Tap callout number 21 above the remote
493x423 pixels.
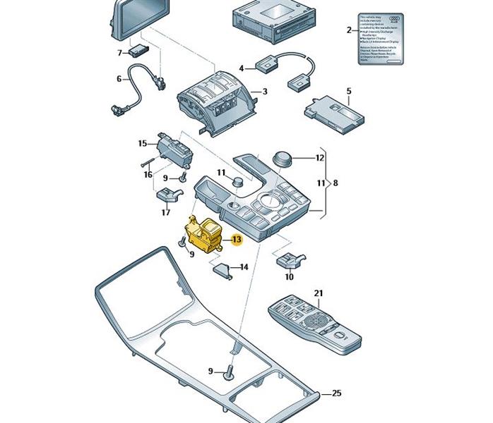(318, 293)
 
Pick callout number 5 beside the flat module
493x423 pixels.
(349, 92)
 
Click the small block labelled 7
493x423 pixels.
(138, 51)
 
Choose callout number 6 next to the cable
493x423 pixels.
(119, 79)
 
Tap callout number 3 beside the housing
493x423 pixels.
(264, 92)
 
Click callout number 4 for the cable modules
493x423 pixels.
(242, 68)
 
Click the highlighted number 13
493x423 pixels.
(236, 240)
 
